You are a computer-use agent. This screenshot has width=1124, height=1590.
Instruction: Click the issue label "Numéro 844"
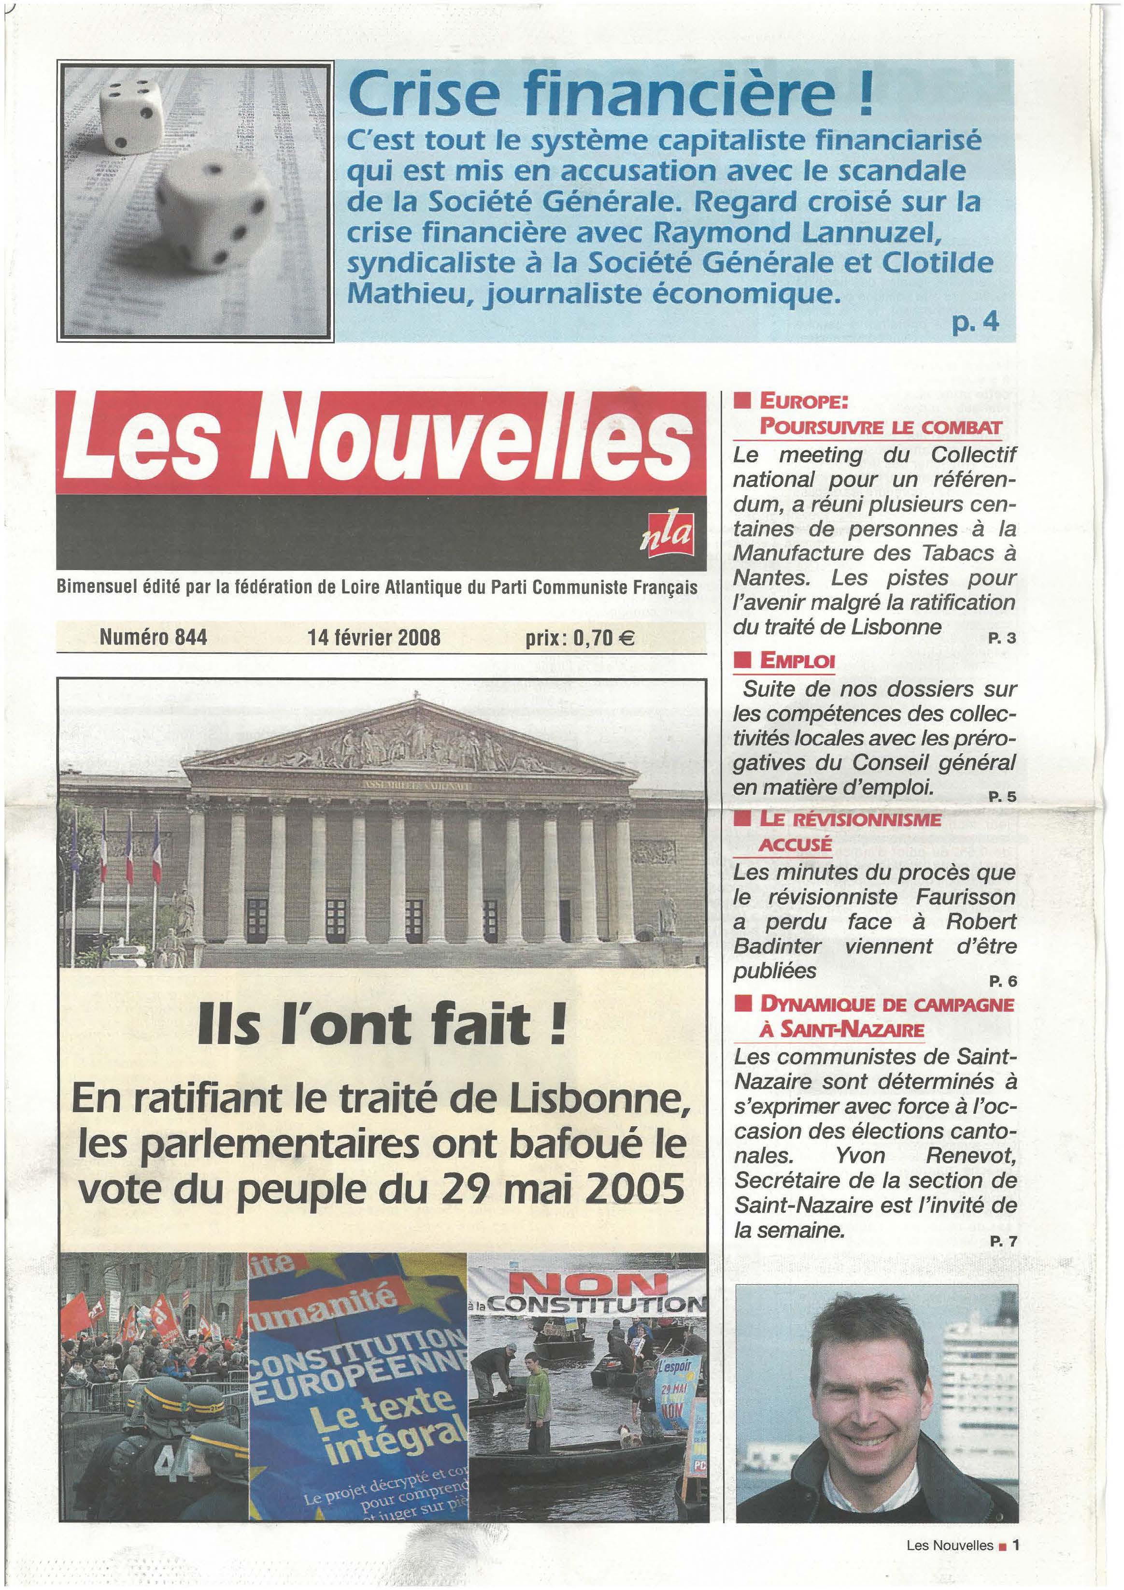click(x=153, y=636)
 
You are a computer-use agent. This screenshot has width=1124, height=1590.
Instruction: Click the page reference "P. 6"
click(x=1001, y=981)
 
